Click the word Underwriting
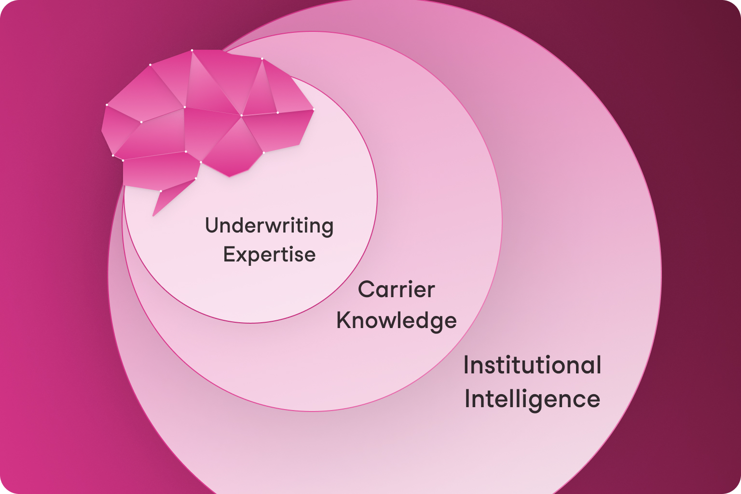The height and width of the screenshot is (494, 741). (x=269, y=226)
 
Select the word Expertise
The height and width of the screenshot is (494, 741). (x=269, y=254)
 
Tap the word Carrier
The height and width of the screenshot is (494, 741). (x=397, y=289)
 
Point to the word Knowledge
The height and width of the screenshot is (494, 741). (x=397, y=320)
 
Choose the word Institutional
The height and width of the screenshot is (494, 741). (x=532, y=365)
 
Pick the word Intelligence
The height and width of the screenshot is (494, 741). (x=532, y=399)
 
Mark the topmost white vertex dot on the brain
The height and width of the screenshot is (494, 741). (x=192, y=50)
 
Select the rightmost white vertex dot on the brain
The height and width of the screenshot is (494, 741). (x=314, y=110)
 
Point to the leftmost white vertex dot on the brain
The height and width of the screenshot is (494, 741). (x=107, y=105)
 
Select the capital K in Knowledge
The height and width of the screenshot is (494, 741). (x=343, y=320)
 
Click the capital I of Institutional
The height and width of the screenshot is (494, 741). (x=467, y=365)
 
